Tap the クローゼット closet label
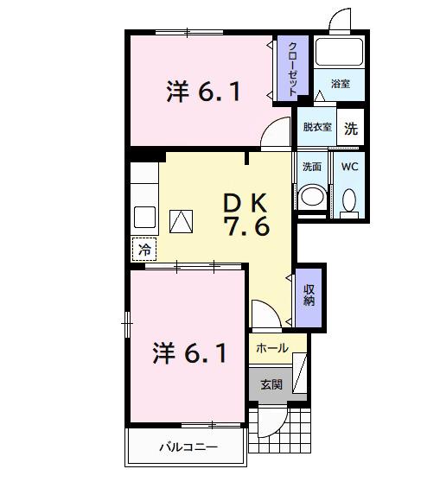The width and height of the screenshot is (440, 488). coord(293,68)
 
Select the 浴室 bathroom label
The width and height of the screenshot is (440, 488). coord(340,85)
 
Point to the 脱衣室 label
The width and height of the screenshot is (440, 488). coord(316,128)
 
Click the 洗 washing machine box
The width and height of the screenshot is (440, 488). coord(350,129)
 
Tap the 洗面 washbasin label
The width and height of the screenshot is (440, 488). coord(312,167)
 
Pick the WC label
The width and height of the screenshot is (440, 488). coord(350,167)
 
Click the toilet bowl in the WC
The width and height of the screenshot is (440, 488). coord(350,200)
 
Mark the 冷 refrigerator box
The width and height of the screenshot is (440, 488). coord(145,249)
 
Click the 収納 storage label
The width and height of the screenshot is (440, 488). coord(309,295)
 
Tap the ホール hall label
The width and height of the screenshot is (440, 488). coord(272,349)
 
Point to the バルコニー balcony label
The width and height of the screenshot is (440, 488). coord(188,447)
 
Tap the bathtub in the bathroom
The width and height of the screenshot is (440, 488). coord(340,54)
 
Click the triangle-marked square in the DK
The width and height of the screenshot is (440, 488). coord(182,221)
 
